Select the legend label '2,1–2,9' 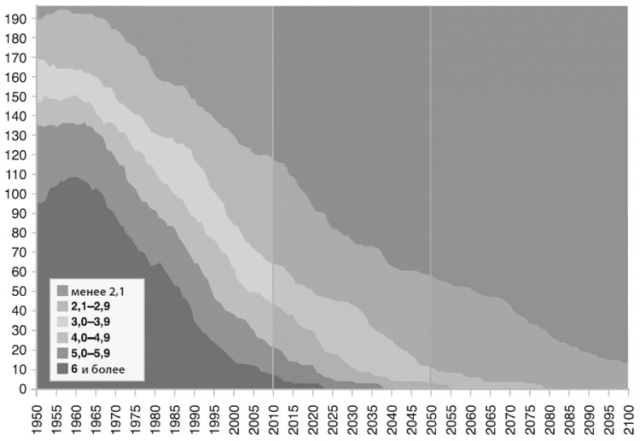pyautogui.click(x=92, y=306)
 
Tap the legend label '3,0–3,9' pyautogui.click(x=92, y=322)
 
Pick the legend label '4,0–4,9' pyautogui.click(x=92, y=338)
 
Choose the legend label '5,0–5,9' pyautogui.click(x=92, y=354)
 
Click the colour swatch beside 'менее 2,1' pyautogui.click(x=62, y=289)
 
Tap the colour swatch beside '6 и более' pyautogui.click(x=62, y=370)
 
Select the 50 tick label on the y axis pyautogui.click(x=20, y=291)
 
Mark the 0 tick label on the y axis pyautogui.click(x=23, y=389)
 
